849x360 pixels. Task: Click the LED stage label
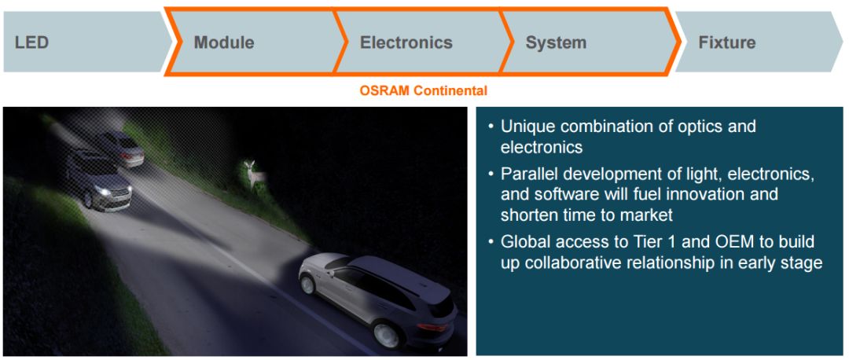[32, 42]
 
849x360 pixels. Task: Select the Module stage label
[224, 42]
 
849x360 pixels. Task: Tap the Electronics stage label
[406, 42]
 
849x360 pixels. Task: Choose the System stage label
[556, 42]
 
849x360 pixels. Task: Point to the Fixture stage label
[726, 42]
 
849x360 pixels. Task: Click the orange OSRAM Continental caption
[424, 90]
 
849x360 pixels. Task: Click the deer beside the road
[253, 173]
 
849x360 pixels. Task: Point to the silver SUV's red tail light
[431, 327]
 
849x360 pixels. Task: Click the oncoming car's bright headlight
[103, 191]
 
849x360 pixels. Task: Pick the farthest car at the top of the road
[123, 148]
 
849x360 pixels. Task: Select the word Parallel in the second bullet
[528, 174]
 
